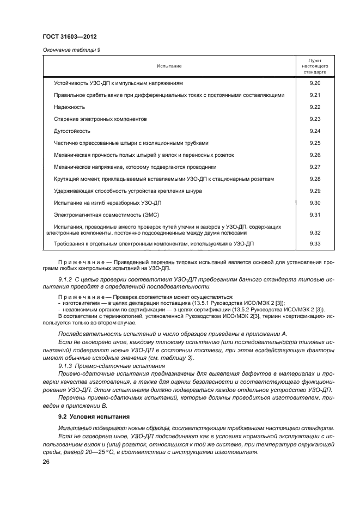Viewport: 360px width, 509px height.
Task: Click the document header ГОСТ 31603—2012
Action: (66, 36)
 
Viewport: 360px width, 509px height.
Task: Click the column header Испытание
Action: (169, 66)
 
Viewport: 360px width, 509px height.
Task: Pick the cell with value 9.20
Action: (314, 83)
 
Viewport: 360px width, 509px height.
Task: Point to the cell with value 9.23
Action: (314, 119)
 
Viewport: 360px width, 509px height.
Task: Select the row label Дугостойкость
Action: (72, 131)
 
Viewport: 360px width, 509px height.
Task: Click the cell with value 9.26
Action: (314, 155)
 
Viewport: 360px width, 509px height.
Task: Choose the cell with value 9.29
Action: (314, 191)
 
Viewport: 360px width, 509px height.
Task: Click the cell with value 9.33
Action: (314, 243)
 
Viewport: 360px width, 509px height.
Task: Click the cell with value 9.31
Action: (314, 214)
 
